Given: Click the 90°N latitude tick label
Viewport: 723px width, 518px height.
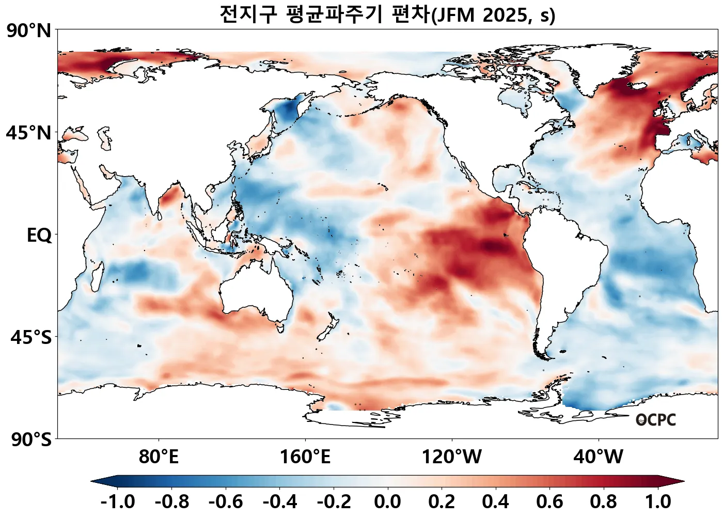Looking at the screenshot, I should click(x=29, y=30).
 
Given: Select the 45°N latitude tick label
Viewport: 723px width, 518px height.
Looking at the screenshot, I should click(x=29, y=133).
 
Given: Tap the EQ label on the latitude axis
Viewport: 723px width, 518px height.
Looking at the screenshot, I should click(x=39, y=236).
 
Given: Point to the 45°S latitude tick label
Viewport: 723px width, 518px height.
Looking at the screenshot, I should click(x=31, y=338).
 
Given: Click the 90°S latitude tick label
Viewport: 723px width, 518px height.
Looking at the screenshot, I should click(x=31, y=440).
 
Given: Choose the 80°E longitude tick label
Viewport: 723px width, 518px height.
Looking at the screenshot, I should click(x=159, y=457).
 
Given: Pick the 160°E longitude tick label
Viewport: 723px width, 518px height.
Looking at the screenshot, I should click(x=305, y=457).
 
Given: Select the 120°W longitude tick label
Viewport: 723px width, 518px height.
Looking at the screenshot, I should click(x=452, y=457).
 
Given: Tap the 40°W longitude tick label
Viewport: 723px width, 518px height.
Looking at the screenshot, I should click(x=599, y=457).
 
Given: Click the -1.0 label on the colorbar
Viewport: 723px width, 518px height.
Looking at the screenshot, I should click(x=118, y=501).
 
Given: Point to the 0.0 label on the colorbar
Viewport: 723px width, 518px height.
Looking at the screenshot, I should click(x=387, y=501).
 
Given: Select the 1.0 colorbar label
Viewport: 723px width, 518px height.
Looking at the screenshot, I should click(x=658, y=501).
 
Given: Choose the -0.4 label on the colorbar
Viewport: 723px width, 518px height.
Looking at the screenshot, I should click(x=280, y=501).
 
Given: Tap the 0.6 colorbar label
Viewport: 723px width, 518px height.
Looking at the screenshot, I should click(x=549, y=501).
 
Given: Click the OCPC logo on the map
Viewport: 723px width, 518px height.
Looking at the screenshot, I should click(x=656, y=420).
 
